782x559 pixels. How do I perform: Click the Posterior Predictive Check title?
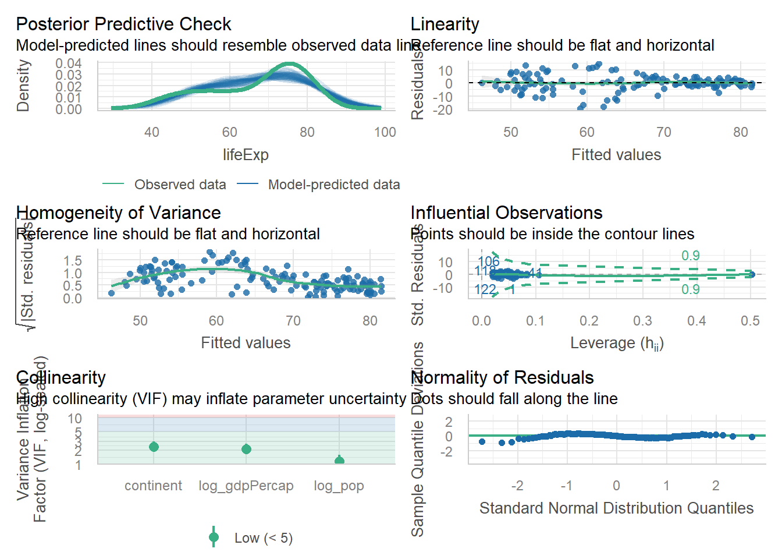click(123, 24)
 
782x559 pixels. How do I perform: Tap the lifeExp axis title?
click(246, 155)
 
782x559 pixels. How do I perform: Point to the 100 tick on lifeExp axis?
click(385, 132)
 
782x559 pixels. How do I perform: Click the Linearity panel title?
click(445, 24)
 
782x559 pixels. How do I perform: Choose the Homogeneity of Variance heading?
click(118, 213)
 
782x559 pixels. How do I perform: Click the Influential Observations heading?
click(506, 213)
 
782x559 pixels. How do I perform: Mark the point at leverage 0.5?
click(751, 274)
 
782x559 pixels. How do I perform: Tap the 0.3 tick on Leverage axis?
click(642, 321)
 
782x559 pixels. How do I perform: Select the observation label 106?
click(489, 261)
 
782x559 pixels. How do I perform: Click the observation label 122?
click(485, 289)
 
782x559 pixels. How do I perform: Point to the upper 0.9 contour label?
click(691, 256)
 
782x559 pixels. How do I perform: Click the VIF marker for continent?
click(154, 447)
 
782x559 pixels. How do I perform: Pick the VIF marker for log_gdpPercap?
click(246, 449)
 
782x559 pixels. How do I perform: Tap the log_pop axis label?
click(339, 486)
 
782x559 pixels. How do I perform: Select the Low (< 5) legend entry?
click(263, 538)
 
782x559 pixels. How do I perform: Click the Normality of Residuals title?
click(502, 378)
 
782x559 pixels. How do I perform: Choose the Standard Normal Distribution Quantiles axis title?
click(616, 508)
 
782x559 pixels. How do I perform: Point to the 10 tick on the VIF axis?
click(74, 419)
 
